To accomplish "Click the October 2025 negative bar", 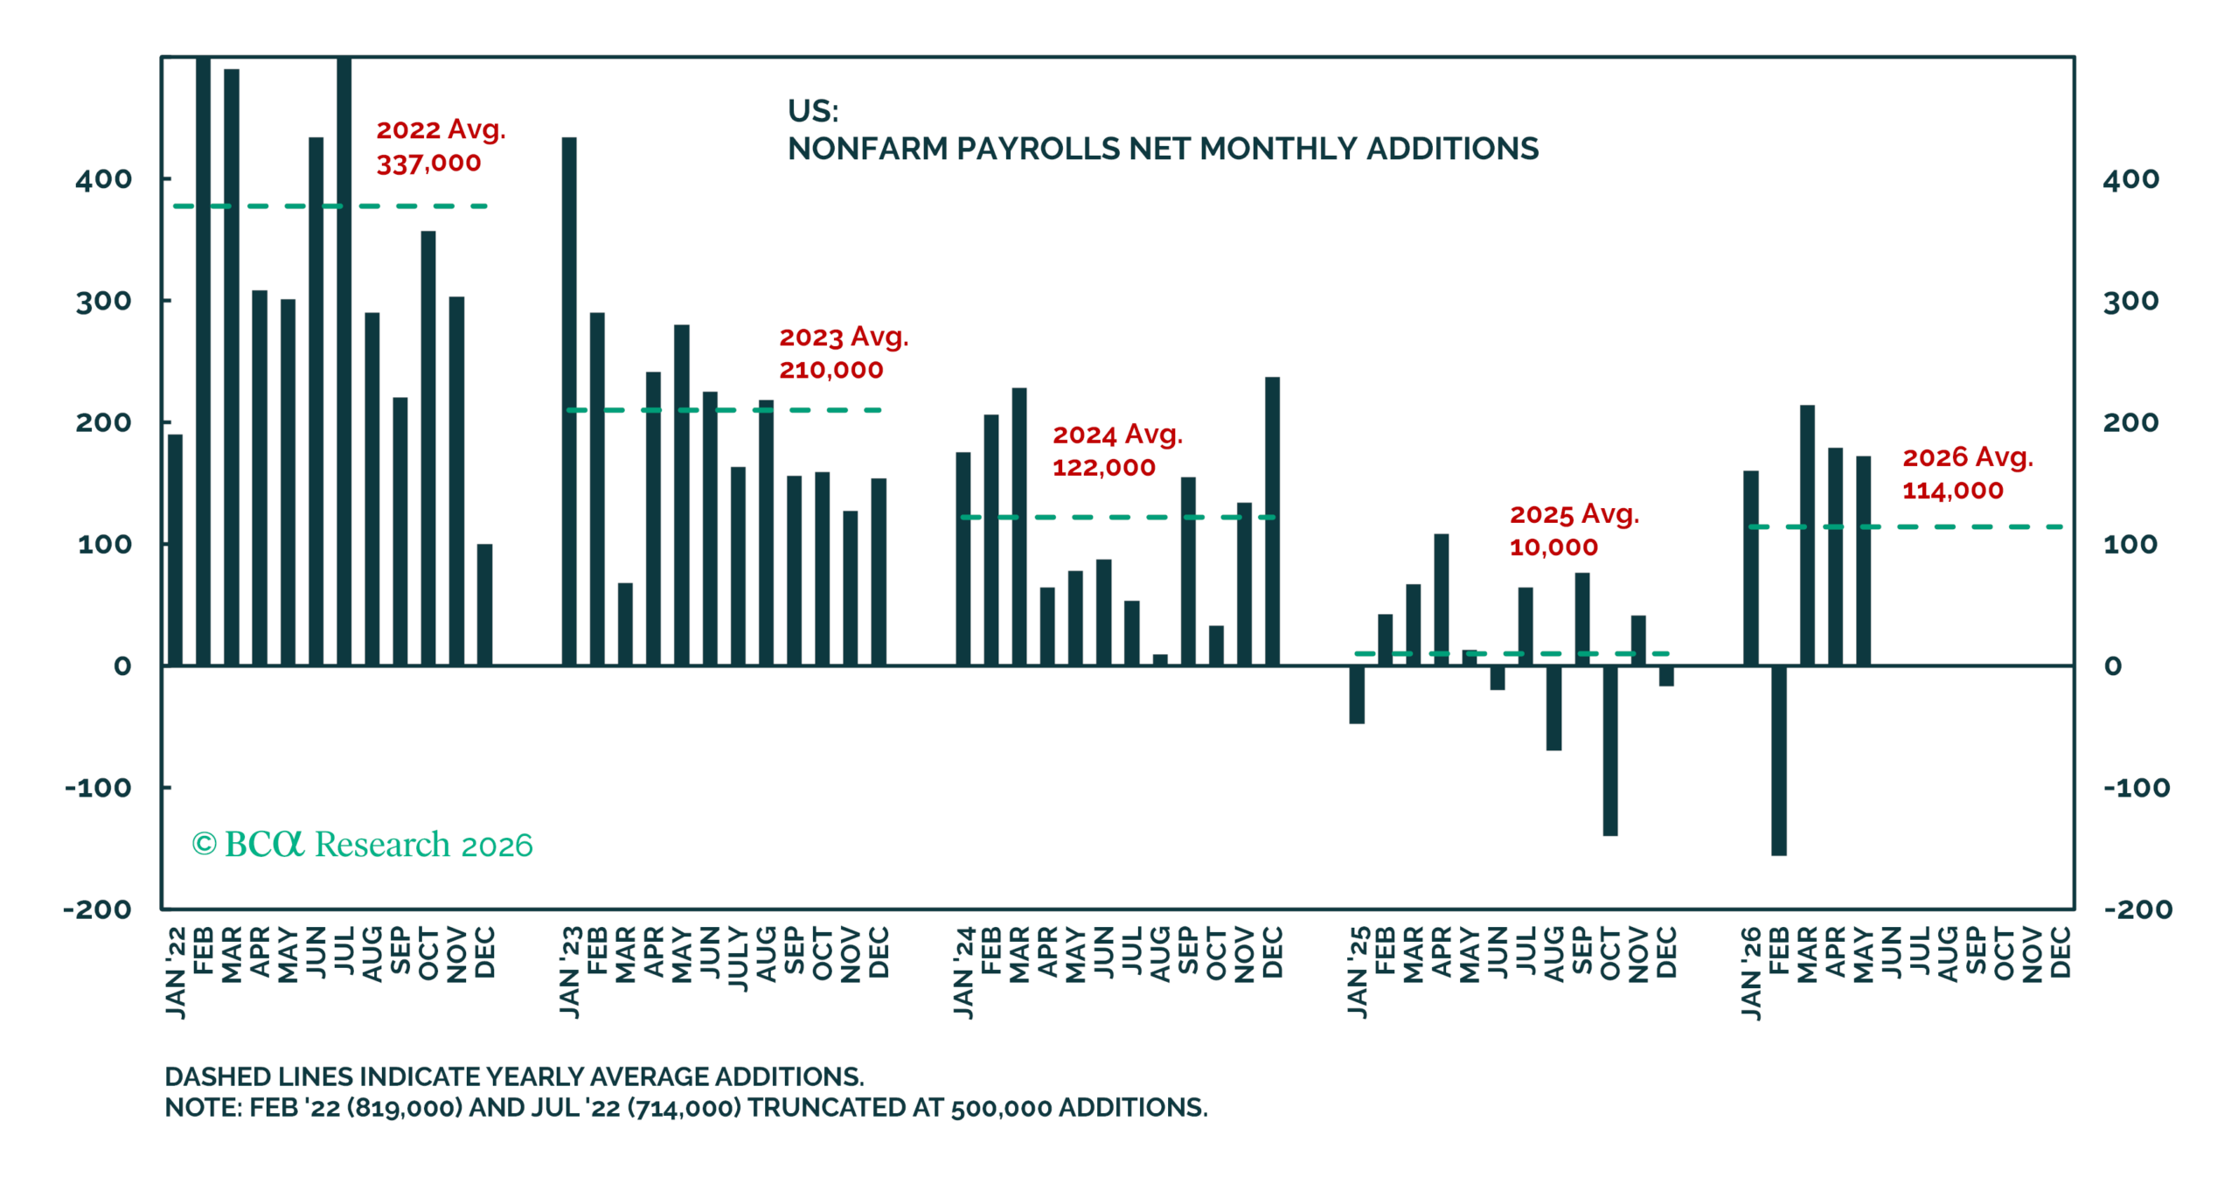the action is click(1609, 750).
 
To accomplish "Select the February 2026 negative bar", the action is click(1778, 760).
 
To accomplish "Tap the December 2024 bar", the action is click(1272, 521).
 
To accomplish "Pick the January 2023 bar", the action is click(569, 401).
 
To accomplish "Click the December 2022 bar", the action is click(484, 605).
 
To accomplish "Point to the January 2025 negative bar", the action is click(1357, 694).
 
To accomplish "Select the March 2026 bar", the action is click(1807, 535).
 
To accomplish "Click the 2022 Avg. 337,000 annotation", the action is click(441, 146).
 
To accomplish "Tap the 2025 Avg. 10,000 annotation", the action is click(1574, 530).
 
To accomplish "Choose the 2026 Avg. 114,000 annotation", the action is click(1967, 473).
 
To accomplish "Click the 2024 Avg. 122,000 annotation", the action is click(1116, 450).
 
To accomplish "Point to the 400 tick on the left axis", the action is click(103, 179).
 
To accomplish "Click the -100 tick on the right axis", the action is click(2136, 788).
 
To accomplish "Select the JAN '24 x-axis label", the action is click(963, 972).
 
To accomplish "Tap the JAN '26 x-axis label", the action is click(1751, 972).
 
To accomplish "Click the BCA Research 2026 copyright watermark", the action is click(362, 845).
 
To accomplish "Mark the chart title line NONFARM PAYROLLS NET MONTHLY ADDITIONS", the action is click(1163, 149).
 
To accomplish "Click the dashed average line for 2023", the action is click(724, 410).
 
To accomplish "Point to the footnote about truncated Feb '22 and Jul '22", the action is click(686, 1108).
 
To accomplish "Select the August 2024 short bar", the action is click(1160, 660).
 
